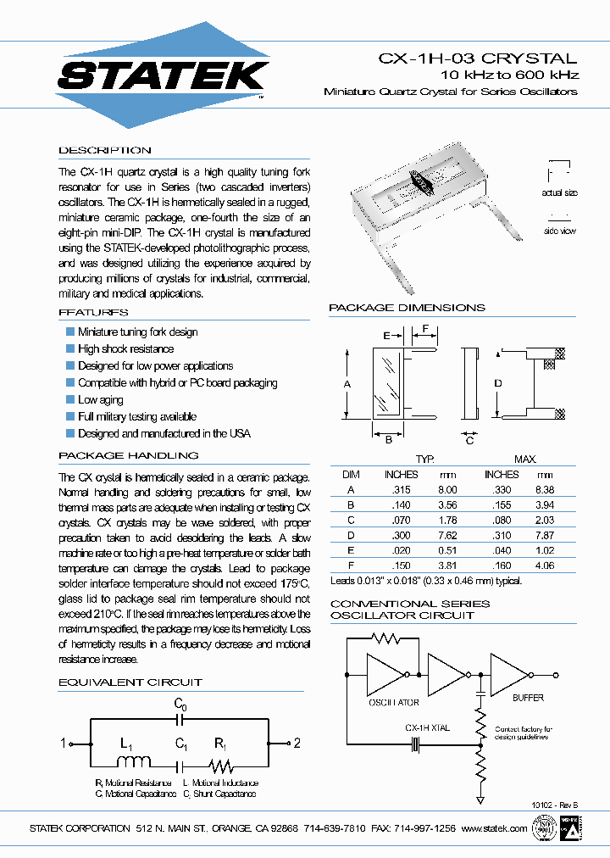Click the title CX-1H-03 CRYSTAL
477,58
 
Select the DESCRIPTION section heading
105,150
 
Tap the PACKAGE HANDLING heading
129,455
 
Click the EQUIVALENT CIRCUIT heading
130,682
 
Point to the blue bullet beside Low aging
70,399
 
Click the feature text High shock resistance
125,348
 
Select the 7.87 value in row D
544,535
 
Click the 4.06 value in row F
544,565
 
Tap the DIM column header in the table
351,474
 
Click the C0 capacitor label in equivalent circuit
180,704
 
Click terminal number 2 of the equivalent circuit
297,744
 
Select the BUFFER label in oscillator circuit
528,697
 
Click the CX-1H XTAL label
427,727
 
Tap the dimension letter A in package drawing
347,384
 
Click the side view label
559,230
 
